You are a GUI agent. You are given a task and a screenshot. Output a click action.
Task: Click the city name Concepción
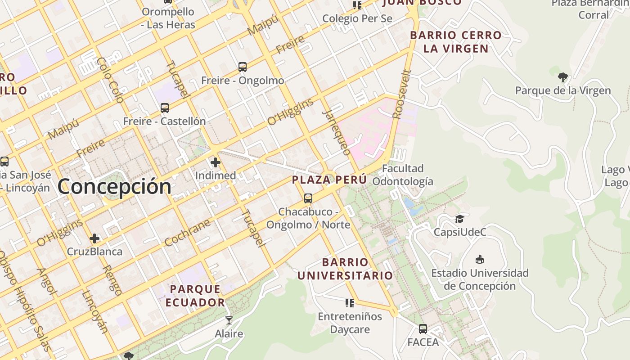(x=114, y=186)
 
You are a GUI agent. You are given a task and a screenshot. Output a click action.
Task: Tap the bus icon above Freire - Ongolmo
(x=243, y=67)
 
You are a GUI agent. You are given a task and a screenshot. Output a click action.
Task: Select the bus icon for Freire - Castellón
(x=165, y=108)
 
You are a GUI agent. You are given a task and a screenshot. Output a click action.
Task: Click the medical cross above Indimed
(x=216, y=162)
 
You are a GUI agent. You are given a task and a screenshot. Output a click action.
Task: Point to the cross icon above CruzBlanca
(x=94, y=238)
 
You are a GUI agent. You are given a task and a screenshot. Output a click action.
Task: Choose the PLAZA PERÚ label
(x=329, y=180)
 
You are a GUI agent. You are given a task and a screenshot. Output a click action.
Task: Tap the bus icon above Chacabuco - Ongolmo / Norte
(x=308, y=198)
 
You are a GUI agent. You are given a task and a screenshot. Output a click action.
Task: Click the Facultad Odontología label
(x=403, y=175)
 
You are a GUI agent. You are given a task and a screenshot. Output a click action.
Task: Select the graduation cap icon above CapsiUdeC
(x=459, y=219)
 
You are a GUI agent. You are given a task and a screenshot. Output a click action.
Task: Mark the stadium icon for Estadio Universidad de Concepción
(x=480, y=260)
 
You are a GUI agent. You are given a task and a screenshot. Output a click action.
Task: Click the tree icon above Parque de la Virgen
(x=562, y=77)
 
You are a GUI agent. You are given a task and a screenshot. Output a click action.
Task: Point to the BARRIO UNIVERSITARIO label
(x=345, y=269)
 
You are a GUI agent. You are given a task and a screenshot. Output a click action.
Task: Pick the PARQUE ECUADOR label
(x=195, y=296)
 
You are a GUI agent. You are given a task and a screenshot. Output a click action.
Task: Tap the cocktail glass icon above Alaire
(x=229, y=320)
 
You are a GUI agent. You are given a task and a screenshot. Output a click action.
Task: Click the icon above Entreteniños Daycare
(x=350, y=303)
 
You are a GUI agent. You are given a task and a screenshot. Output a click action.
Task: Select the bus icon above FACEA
(x=423, y=329)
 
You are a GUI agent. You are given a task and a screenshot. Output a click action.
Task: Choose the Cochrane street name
(x=187, y=233)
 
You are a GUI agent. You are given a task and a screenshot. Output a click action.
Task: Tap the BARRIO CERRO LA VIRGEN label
(x=456, y=42)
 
